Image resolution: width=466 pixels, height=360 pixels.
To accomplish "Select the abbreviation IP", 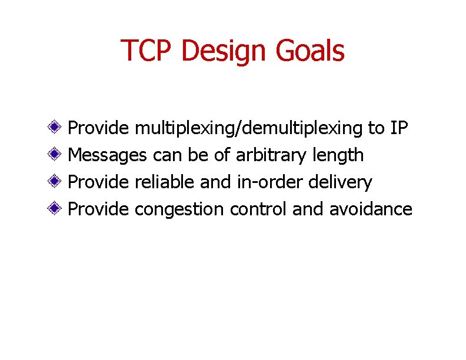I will pyautogui.click(x=398, y=128).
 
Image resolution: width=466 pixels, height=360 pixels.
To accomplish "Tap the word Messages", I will pyautogui.click(x=108, y=155).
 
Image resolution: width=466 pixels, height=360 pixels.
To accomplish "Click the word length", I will pyautogui.click(x=339, y=155).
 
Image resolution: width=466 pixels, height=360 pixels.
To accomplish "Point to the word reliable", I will pyautogui.click(x=165, y=182).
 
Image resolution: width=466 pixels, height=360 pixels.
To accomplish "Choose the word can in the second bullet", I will pyautogui.click(x=167, y=156).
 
